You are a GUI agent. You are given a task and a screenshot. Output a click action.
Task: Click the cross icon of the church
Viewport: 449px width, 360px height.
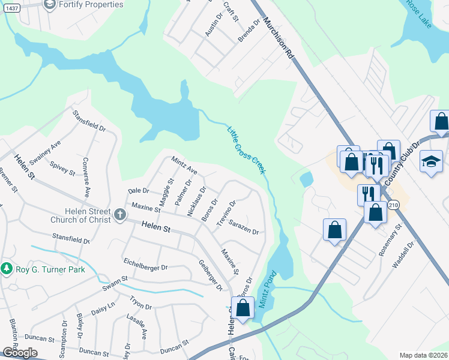(120, 214)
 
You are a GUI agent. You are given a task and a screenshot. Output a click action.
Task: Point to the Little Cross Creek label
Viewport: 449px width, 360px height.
(246, 150)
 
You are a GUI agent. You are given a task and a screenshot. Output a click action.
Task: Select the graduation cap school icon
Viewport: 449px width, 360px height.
(431, 163)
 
